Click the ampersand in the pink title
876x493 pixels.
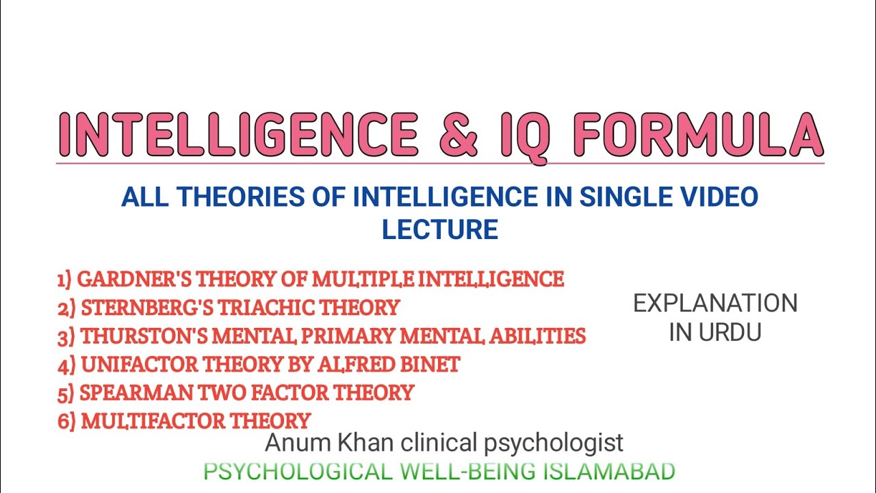click(x=459, y=135)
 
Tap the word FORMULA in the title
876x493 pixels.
click(x=699, y=135)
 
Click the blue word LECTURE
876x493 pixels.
click(x=440, y=229)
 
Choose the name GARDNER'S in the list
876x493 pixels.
click(x=135, y=279)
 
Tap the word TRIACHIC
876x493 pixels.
click(x=266, y=307)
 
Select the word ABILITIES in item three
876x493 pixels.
click(x=538, y=336)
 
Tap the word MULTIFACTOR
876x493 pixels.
click(x=153, y=421)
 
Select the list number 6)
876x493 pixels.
click(x=66, y=421)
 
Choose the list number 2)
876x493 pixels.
click(x=66, y=307)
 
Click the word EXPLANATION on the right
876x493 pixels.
click(x=715, y=303)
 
